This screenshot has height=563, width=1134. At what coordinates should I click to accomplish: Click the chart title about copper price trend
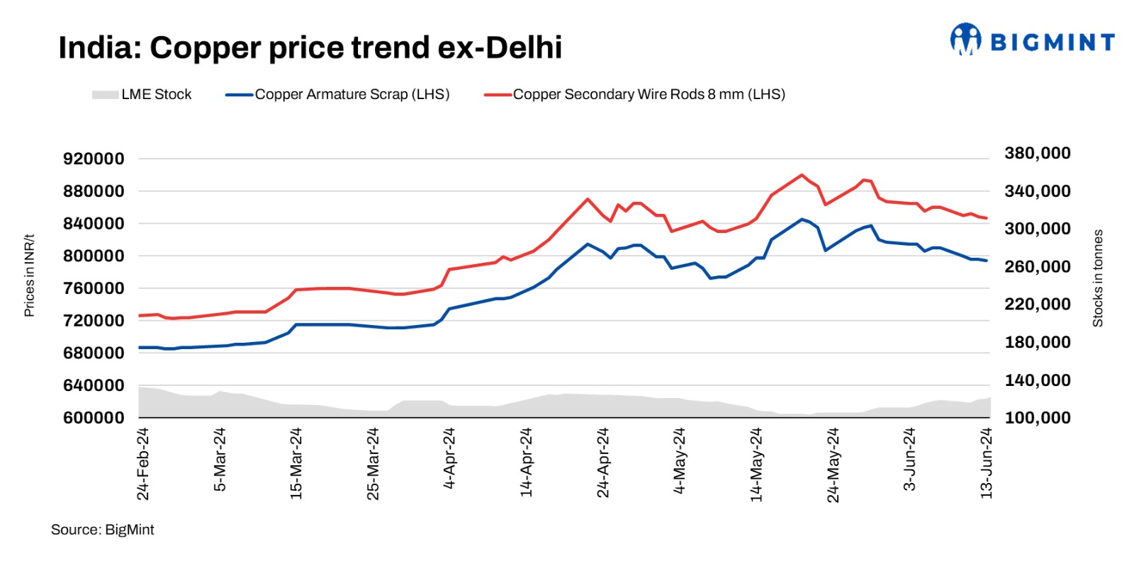[x=310, y=48]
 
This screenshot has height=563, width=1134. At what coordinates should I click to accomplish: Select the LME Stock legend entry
[x=142, y=94]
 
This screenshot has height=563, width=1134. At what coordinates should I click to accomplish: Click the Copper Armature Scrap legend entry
[x=338, y=94]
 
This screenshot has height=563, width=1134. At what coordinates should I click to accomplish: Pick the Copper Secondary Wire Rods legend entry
[x=635, y=94]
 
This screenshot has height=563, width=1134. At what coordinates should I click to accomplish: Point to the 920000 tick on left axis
[x=94, y=159]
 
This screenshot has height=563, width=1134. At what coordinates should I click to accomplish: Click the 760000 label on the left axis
[x=94, y=288]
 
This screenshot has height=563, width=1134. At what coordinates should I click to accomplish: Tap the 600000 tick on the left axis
[x=94, y=418]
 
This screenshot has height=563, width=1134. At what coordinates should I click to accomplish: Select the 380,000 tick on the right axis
[x=1038, y=153]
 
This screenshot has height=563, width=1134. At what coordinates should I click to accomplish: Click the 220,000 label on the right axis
[x=1038, y=305]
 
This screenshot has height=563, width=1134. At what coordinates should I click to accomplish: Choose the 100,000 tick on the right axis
[x=1038, y=418]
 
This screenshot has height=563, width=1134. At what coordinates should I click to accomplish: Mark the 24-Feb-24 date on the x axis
[x=143, y=464]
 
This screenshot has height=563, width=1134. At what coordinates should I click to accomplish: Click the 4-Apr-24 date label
[x=449, y=458]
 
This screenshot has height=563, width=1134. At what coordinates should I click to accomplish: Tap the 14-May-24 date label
[x=756, y=464]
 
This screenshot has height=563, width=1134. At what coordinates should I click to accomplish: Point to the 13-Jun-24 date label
[x=986, y=464]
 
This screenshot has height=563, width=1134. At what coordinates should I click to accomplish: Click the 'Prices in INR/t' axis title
[x=29, y=275]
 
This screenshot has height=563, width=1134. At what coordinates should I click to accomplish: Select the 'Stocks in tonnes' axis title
[x=1098, y=278]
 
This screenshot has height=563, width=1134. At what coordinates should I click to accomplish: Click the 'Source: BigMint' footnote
[x=102, y=530]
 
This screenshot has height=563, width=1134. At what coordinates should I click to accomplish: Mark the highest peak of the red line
[x=802, y=174]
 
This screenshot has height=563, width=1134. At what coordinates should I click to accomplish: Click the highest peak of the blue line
[x=802, y=220]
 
